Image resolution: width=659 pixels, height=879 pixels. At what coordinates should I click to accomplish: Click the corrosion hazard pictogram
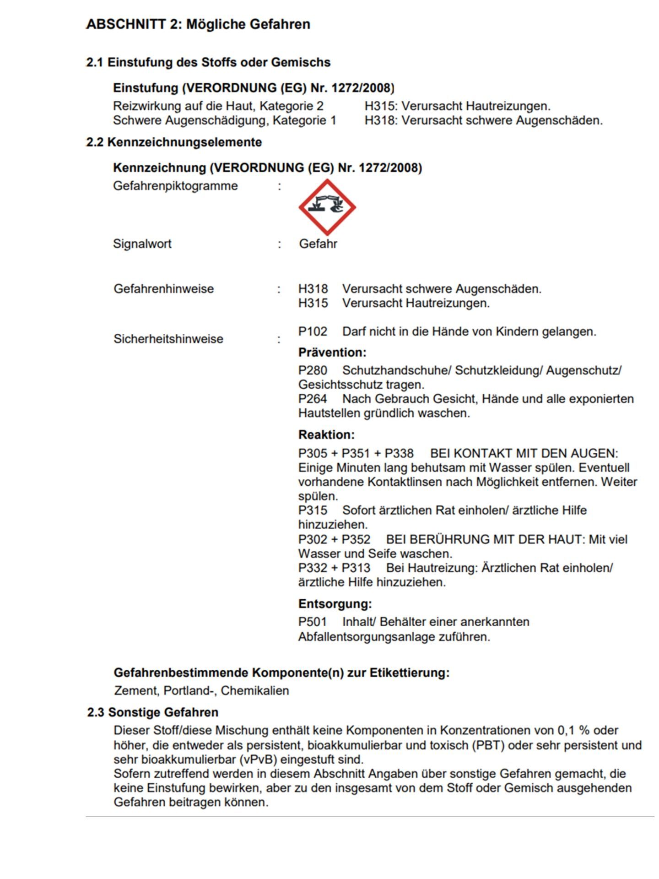pos(327,207)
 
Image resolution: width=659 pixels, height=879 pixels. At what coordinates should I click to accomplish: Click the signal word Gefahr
pos(318,244)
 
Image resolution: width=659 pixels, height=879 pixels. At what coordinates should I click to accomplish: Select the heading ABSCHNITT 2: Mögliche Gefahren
pos(198,24)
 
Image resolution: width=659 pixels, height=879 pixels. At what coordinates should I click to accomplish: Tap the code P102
pos(313,331)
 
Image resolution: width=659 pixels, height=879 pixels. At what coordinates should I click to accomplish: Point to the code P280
pos(313,370)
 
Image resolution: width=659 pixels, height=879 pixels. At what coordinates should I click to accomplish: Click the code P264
pos(313,399)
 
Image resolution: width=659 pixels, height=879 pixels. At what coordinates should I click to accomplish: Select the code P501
pos(313,622)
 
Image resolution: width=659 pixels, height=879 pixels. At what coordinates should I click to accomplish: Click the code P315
pos(313,510)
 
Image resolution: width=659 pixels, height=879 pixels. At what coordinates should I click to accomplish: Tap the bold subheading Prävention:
pos(332,353)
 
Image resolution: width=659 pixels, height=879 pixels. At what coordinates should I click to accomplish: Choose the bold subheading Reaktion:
pos(326,434)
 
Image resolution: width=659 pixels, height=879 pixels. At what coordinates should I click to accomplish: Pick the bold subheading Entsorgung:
pos(335,604)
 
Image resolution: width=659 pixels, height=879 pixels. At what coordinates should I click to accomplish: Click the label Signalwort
pos(142,244)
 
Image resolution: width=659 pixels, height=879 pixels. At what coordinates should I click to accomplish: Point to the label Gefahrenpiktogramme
pos(175,186)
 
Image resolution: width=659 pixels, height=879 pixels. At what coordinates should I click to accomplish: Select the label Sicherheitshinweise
pos(168,339)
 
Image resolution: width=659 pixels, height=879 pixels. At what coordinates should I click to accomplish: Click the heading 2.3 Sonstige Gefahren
pos(153,712)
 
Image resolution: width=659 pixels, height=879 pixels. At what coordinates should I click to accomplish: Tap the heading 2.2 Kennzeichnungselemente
pos(174,142)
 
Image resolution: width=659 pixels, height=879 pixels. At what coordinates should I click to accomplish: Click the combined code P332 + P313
pos(334,568)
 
